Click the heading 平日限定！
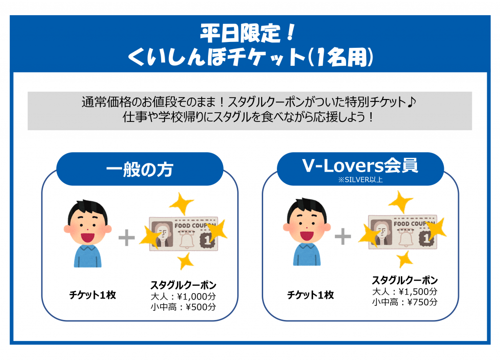point(249,33)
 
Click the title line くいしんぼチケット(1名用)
point(250,58)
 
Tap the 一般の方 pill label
point(140,169)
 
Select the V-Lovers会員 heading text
point(360,165)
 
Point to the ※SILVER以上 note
point(360,180)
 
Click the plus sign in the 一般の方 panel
point(126,238)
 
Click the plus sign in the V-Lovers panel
point(343,237)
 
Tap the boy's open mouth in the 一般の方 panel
point(87,238)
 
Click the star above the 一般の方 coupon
point(182,203)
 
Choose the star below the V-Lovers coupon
point(405,259)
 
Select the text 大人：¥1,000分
point(184,297)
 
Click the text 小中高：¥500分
point(184,307)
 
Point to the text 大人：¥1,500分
point(405,292)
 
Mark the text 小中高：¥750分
point(405,302)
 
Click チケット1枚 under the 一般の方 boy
point(92,295)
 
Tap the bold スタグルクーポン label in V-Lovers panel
point(405,280)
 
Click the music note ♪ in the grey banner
point(412,102)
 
